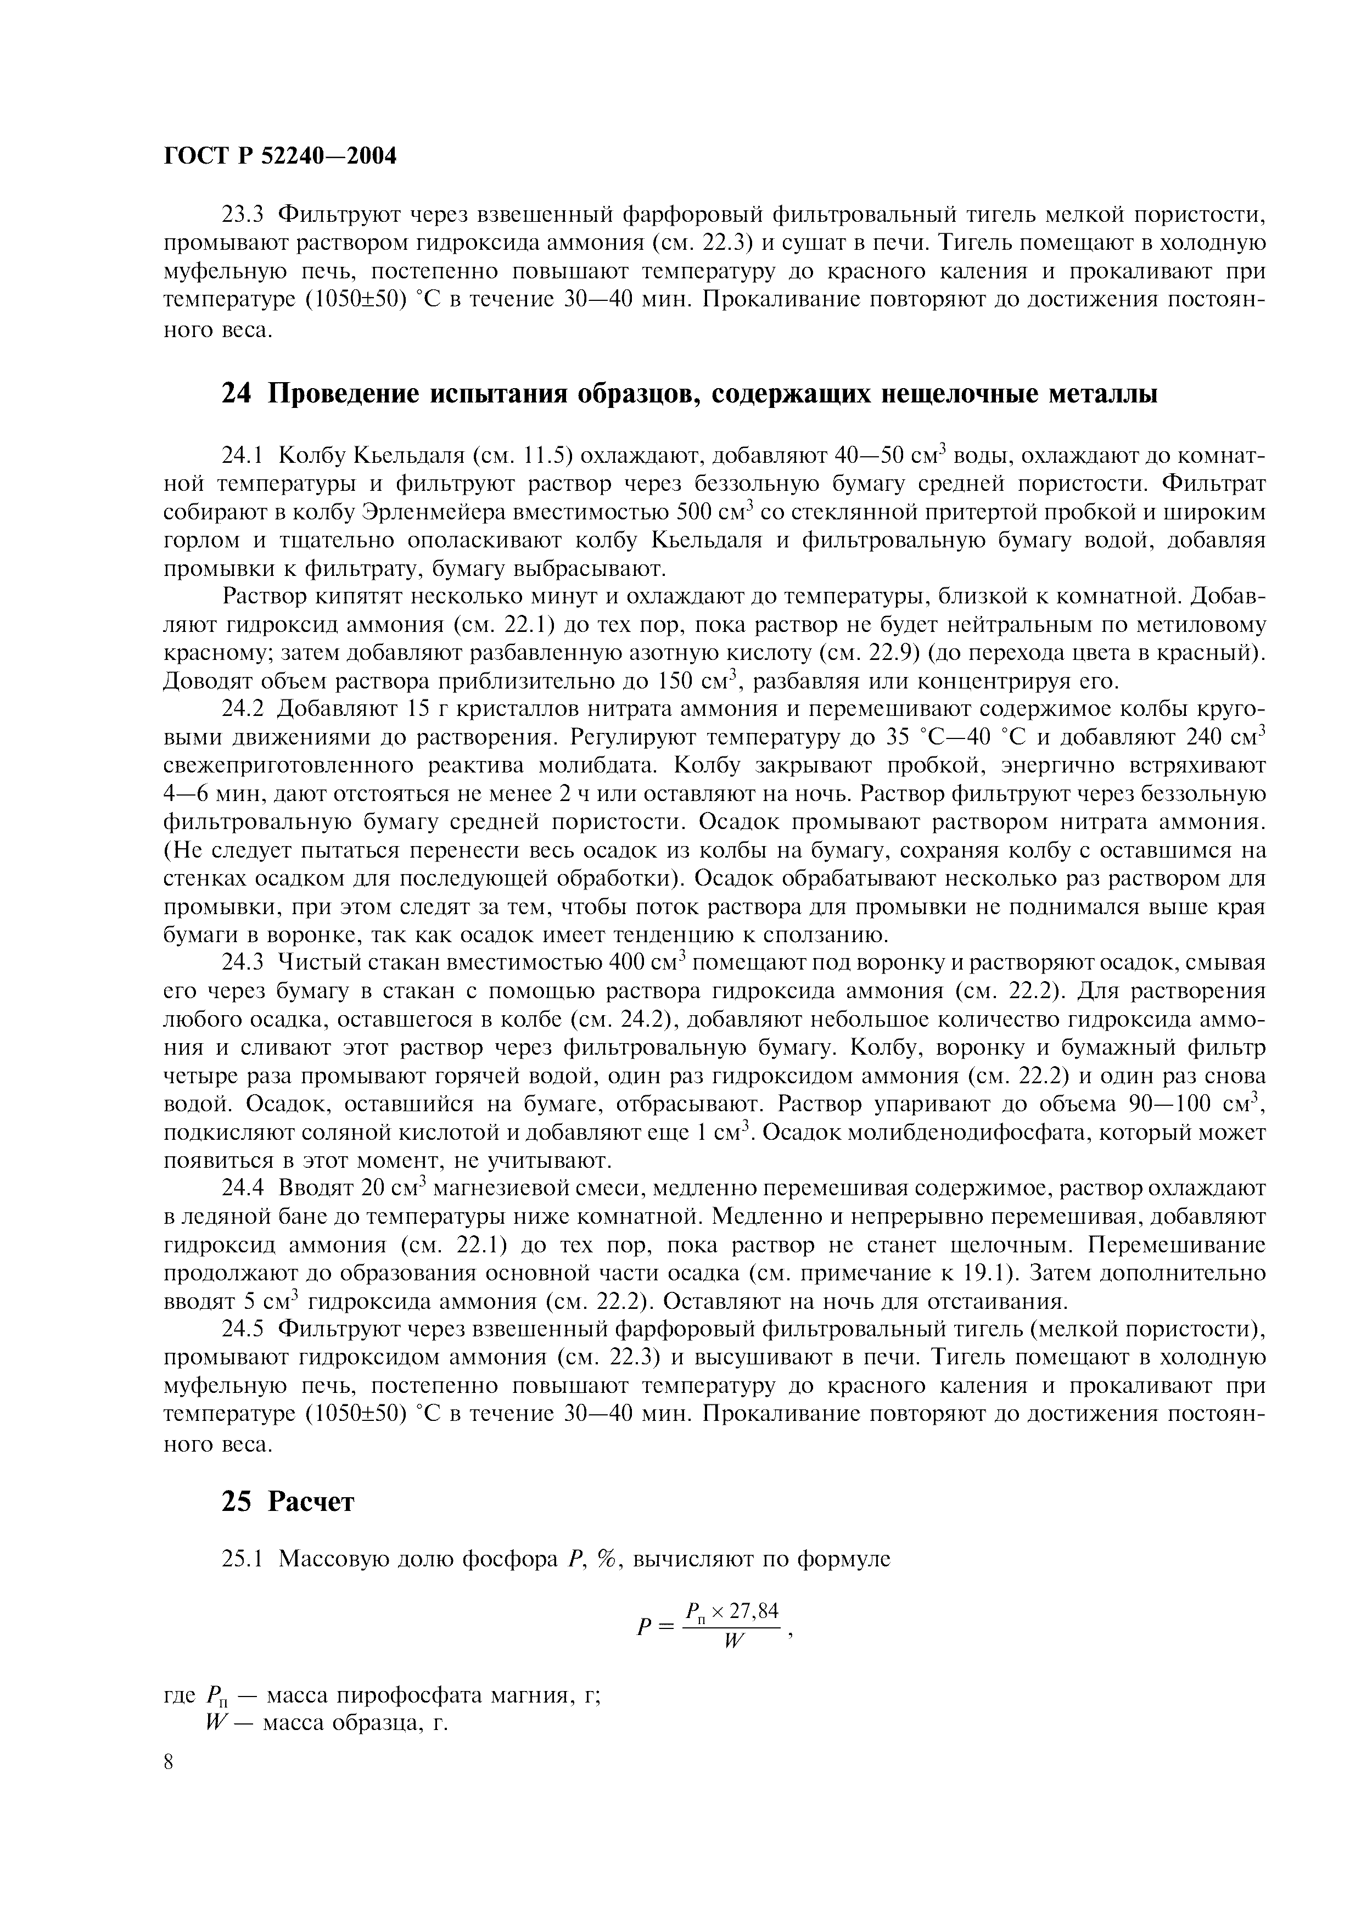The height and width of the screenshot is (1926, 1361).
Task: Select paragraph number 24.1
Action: pos(242,456)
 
